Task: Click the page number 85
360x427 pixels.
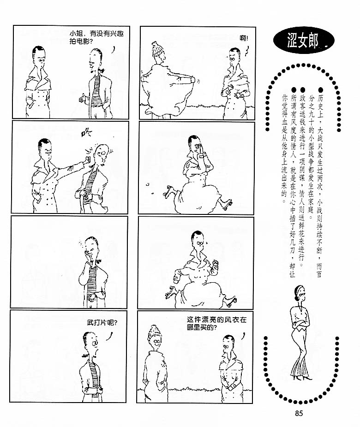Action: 299,413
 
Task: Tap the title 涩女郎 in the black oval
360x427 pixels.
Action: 302,41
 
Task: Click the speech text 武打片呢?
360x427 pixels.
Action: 102,323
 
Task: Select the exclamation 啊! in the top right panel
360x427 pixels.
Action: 244,38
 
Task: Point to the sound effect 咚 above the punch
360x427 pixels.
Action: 87,133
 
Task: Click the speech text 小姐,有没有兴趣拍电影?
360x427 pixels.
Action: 96,37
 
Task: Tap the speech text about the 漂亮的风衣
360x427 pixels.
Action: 216,323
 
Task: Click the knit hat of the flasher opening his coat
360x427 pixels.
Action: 157,49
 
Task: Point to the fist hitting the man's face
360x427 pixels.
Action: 87,160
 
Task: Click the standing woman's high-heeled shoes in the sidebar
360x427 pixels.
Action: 302,377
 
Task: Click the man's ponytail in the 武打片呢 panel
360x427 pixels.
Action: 85,355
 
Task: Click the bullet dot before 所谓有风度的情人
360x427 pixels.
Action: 294,89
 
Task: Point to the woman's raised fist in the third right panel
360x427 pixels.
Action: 216,264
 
